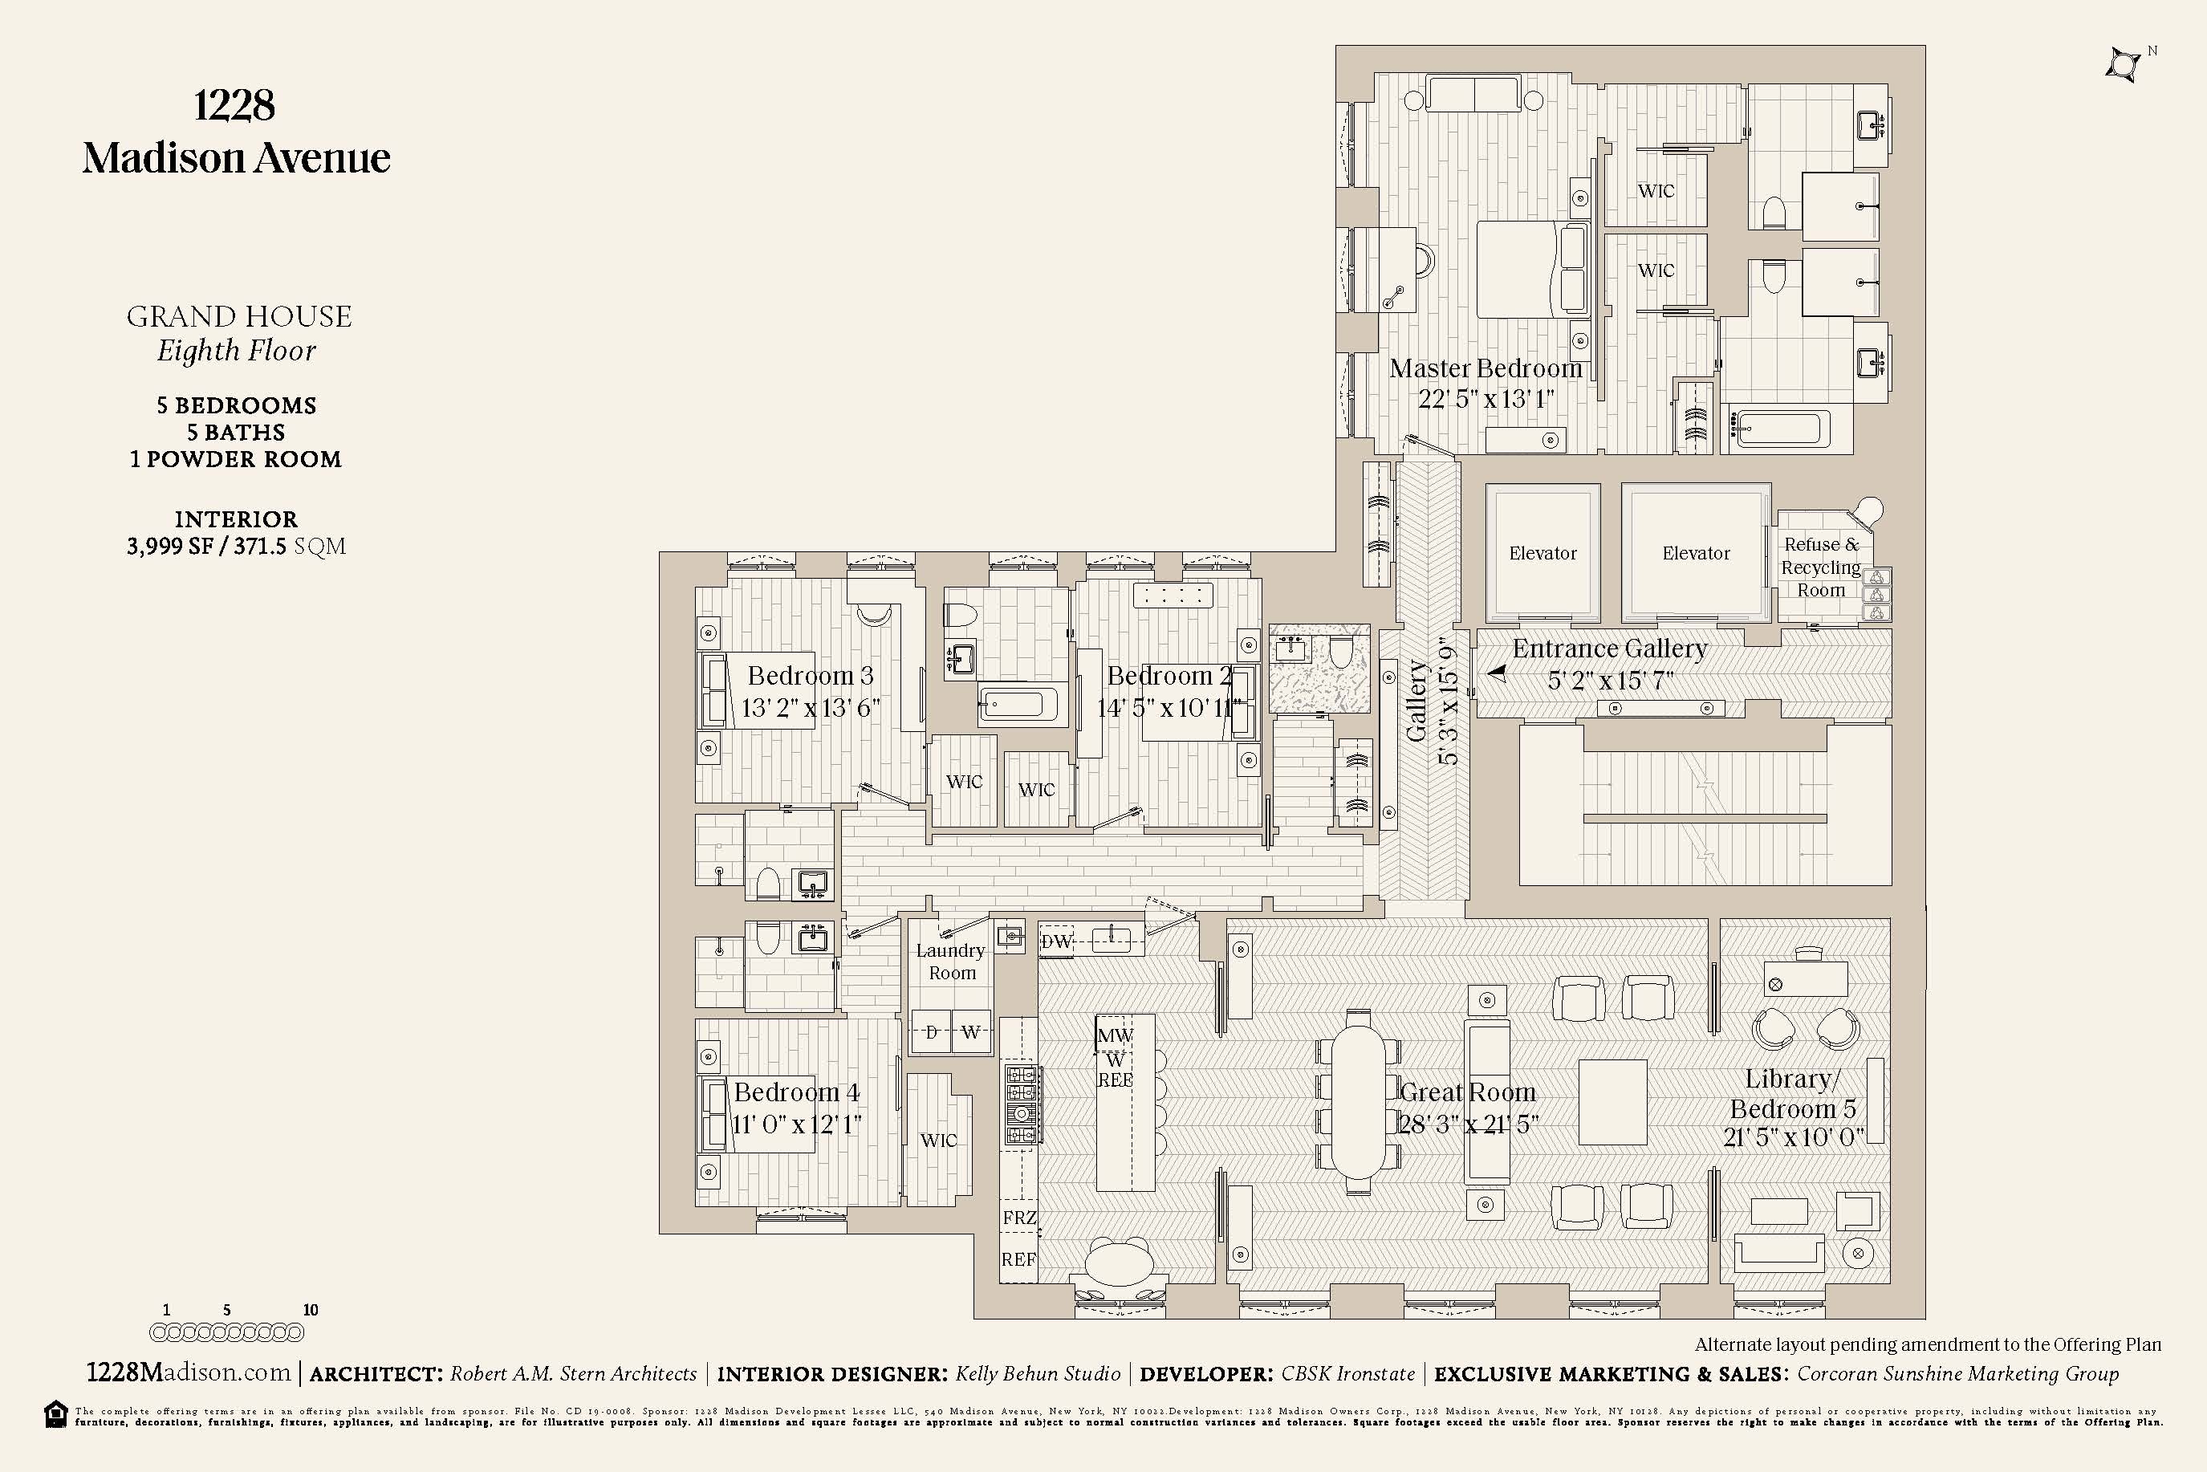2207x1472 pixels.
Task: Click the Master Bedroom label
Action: click(1485, 369)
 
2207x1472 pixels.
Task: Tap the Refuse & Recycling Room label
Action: click(1820, 567)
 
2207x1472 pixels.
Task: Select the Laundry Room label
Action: click(951, 962)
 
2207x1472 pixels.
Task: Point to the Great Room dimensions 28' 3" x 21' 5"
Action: click(1468, 1124)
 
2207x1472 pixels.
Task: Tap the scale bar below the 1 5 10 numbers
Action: click(226, 1332)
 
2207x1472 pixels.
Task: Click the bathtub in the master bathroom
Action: click(1780, 430)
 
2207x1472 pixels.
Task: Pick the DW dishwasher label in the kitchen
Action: click(1057, 941)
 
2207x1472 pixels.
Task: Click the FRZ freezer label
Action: click(1019, 1218)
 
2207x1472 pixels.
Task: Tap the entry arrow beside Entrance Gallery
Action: click(1497, 672)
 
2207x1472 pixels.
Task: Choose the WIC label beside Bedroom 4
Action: click(938, 1140)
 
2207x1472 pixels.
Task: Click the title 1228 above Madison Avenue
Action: click(234, 105)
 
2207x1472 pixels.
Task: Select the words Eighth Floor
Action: click(237, 351)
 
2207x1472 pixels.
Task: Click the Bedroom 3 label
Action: click(810, 676)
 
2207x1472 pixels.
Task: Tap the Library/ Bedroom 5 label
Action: click(1792, 1094)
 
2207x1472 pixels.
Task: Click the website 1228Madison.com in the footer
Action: click(189, 1372)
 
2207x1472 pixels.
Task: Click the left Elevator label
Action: click(1542, 553)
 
